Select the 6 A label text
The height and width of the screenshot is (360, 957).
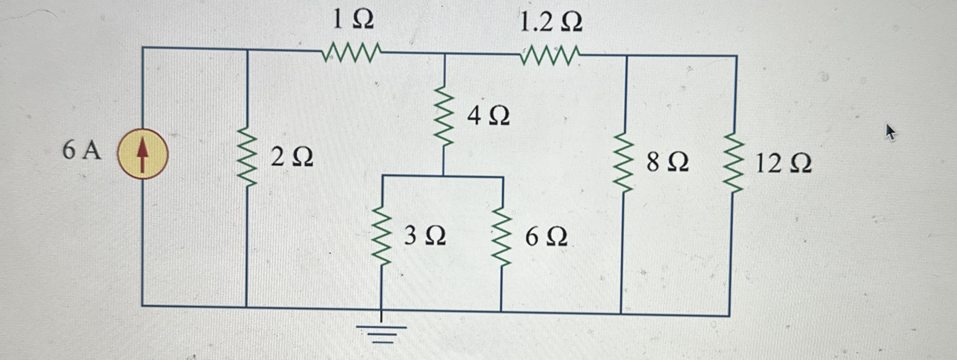point(81,151)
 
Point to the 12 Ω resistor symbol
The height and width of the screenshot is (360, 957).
point(734,163)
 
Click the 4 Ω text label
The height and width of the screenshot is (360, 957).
point(488,116)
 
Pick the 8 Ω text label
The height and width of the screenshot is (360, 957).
point(667,162)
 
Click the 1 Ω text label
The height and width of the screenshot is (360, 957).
point(353,20)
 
